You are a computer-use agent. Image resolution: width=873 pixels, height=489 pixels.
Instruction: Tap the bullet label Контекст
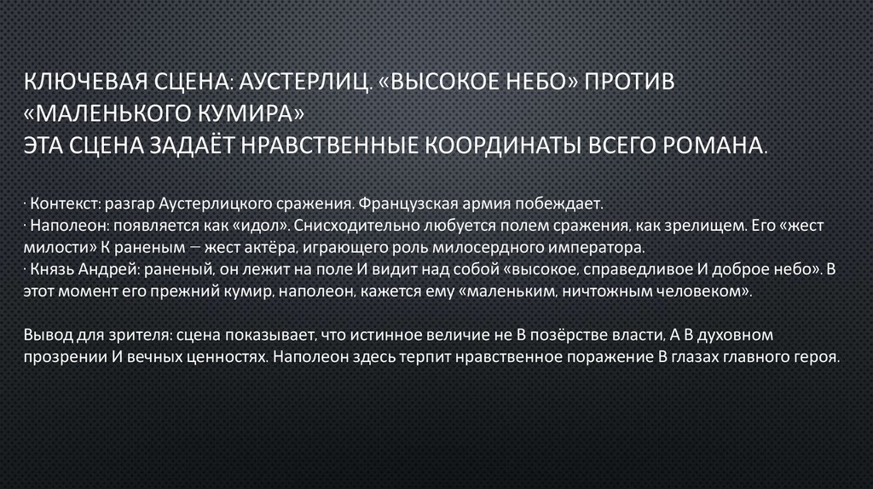click(x=59, y=205)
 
